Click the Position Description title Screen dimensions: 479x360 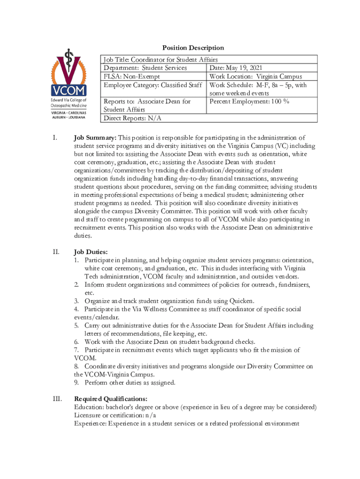[x=193, y=48]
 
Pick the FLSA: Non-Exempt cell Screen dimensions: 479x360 [x=132, y=76]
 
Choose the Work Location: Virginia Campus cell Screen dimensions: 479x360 [x=256, y=76]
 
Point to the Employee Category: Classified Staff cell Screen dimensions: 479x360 [x=153, y=85]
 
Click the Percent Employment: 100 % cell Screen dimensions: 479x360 [x=249, y=102]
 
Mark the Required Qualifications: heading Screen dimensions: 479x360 [x=111, y=399]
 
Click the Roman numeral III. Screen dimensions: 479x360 [x=57, y=399]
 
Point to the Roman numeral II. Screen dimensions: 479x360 [x=56, y=252]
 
